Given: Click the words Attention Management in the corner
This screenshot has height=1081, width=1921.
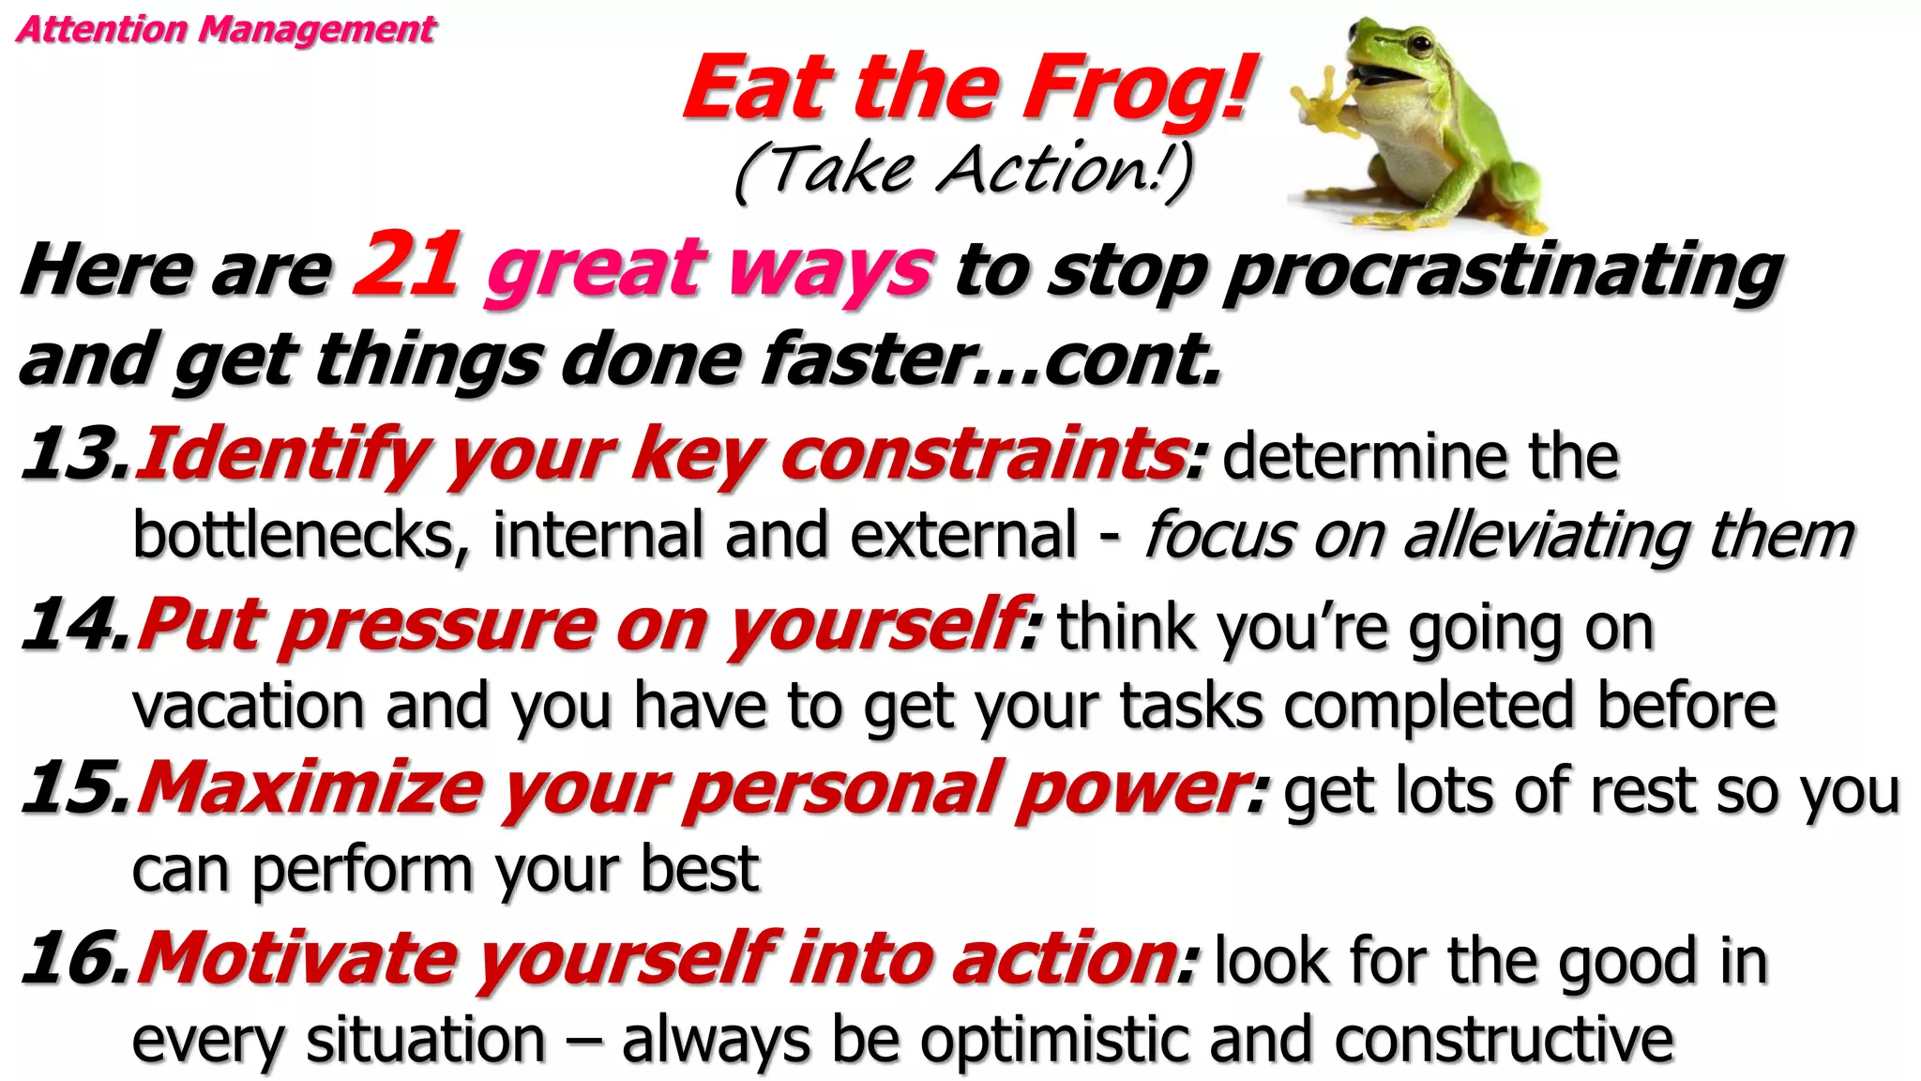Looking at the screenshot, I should pos(226,29).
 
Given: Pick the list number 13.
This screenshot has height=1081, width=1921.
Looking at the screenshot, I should pos(75,453).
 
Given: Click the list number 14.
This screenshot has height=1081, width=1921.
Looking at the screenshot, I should pos(75,624).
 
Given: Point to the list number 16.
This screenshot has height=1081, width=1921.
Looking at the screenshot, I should pos(75,958).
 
